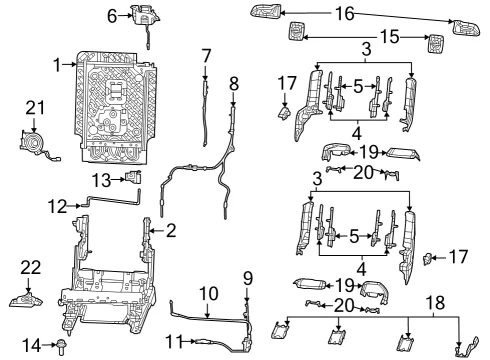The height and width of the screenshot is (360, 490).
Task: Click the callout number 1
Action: (x=57, y=65)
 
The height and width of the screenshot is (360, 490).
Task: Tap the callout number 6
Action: (x=112, y=16)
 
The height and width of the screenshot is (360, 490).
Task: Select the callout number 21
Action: (x=35, y=108)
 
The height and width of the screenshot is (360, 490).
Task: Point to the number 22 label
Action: (x=31, y=268)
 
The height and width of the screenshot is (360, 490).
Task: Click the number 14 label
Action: (x=32, y=345)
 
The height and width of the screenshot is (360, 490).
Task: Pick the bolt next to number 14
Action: (x=62, y=346)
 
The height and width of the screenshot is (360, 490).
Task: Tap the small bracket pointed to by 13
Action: (x=133, y=177)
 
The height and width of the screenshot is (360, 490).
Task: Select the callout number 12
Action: (x=58, y=207)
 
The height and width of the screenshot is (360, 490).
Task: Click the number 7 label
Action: (x=206, y=56)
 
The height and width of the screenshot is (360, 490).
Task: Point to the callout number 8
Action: (x=234, y=84)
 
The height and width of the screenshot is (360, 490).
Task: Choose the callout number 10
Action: (x=209, y=294)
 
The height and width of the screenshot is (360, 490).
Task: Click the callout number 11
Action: (x=175, y=341)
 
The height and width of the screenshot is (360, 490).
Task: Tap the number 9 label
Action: (x=248, y=279)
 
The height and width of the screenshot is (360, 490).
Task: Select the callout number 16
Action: (x=344, y=14)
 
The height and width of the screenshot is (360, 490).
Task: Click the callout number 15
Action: (x=390, y=37)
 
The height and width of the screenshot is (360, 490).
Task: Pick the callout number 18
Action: (x=435, y=303)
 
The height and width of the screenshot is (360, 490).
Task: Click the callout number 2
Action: (x=171, y=230)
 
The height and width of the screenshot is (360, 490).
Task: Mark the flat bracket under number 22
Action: (x=26, y=300)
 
